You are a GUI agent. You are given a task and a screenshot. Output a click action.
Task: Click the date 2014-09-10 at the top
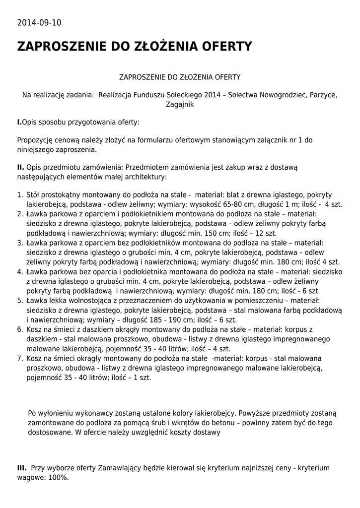pyautogui.click(x=39, y=23)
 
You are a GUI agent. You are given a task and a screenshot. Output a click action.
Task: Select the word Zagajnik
pyautogui.click(x=179, y=104)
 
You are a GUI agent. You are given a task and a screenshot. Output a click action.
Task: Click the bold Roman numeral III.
pyautogui.click(x=22, y=468)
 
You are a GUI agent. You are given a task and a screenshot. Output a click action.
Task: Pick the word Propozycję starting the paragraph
pyautogui.click(x=35, y=140)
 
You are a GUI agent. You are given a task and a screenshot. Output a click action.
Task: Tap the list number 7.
pyautogui.click(x=20, y=358)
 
